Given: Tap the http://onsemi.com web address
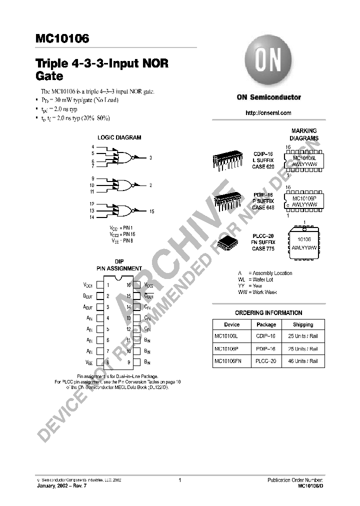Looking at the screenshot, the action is tap(268, 113).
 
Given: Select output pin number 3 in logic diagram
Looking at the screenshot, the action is tap(150, 157).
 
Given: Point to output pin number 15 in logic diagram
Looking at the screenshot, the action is tap(151, 211).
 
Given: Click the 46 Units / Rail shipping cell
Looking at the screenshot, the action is tap(303, 361).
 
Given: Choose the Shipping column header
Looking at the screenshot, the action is tap(303, 324).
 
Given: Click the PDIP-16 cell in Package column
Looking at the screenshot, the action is tap(266, 349).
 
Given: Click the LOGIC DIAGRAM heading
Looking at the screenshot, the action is tap(119, 137).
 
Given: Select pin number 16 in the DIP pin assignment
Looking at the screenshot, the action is tap(128, 285).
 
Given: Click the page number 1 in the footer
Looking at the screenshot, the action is tap(179, 480).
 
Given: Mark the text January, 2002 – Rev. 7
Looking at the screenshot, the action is tap(61, 485).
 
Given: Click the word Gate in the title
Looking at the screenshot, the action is tap(49, 77).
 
